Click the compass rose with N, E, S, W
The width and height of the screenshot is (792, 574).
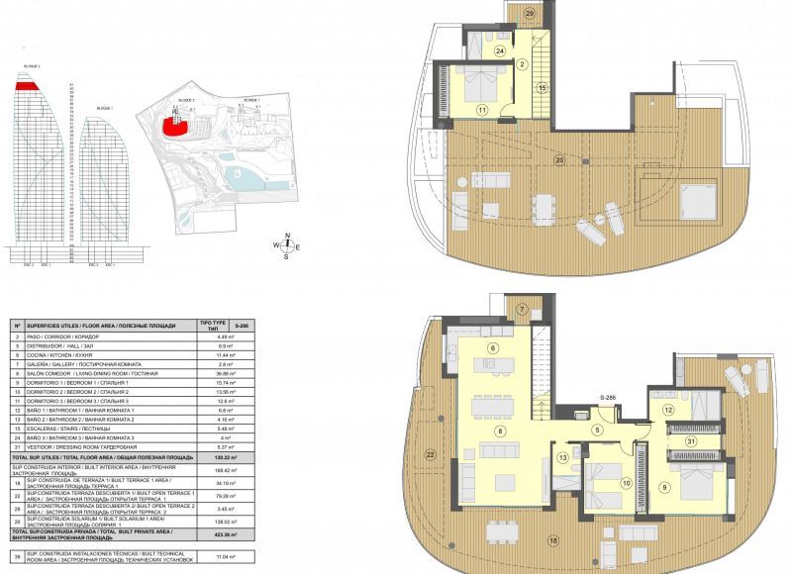click(x=286, y=245)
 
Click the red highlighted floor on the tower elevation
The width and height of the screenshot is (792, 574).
click(x=28, y=87)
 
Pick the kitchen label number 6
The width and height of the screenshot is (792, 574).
click(x=492, y=347)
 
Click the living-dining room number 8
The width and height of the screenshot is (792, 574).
click(x=501, y=431)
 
